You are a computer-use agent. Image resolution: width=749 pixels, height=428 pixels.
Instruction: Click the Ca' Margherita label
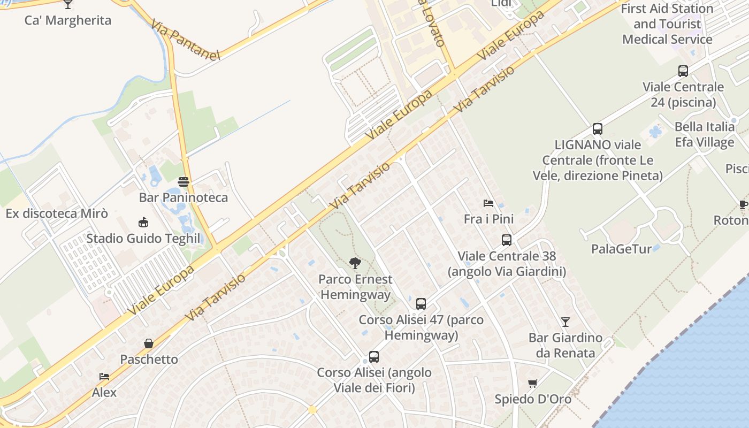68,21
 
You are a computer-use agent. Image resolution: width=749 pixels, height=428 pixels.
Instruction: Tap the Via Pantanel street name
185,40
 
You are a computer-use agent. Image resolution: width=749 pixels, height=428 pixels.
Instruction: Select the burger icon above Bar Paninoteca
184,182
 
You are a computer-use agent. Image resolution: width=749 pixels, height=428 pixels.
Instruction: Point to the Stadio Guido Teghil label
143,239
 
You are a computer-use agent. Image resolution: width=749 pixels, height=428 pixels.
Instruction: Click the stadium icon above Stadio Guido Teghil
143,223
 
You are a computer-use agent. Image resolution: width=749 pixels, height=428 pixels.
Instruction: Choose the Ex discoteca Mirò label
57,214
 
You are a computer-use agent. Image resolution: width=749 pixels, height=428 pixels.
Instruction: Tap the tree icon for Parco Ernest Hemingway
354,263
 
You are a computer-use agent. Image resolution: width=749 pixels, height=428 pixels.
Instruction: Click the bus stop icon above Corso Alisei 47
421,304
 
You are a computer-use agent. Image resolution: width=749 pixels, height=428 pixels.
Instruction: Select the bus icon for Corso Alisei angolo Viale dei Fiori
374,357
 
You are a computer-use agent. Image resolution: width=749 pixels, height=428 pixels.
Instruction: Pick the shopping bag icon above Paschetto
149,343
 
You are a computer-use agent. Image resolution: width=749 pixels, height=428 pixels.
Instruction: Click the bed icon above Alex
104,377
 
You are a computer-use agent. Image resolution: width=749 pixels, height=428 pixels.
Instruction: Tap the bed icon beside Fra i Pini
488,203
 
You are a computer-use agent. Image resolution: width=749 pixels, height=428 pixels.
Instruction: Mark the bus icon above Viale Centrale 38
507,240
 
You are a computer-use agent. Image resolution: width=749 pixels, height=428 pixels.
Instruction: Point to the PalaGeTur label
621,249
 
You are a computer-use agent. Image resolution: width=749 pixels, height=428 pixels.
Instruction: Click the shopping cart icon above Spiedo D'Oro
532,383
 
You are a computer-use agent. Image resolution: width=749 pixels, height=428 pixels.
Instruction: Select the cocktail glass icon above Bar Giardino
565,322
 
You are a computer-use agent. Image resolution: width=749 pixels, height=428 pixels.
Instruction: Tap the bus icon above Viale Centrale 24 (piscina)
683,71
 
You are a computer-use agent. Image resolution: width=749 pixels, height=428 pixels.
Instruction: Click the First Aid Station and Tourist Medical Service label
667,24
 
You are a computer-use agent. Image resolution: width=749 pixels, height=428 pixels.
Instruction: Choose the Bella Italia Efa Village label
704,134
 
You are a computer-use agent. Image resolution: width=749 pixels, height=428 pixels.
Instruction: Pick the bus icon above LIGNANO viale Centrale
598,129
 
